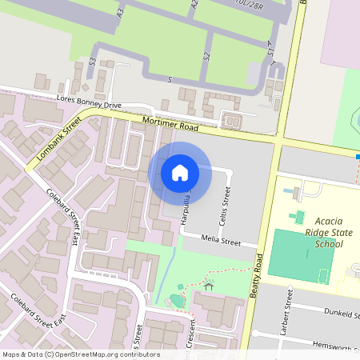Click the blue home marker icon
click(180, 172)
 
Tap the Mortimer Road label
click(170, 122)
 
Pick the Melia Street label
click(221, 240)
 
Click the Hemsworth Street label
click(337, 346)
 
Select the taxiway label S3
click(93, 61)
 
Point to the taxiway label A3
click(120, 12)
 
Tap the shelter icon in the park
click(210, 285)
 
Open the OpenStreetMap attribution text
click(81, 354)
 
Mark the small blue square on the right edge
click(357, 157)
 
